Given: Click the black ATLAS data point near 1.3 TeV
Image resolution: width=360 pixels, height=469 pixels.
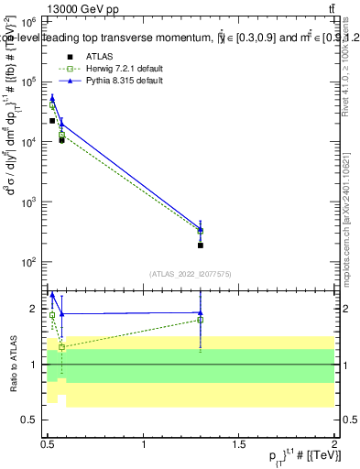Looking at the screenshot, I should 201,245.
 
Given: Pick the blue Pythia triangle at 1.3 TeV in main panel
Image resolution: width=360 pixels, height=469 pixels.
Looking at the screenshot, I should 201,228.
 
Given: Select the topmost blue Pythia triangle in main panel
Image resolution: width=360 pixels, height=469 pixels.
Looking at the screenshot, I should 52,97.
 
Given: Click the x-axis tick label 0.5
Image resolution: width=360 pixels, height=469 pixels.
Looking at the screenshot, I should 48,445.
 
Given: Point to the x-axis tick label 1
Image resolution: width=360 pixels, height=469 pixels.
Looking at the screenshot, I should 144,445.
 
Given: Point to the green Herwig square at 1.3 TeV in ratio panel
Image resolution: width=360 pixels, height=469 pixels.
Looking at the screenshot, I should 201,320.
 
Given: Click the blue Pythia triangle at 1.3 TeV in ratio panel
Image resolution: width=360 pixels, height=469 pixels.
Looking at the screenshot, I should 201,312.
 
